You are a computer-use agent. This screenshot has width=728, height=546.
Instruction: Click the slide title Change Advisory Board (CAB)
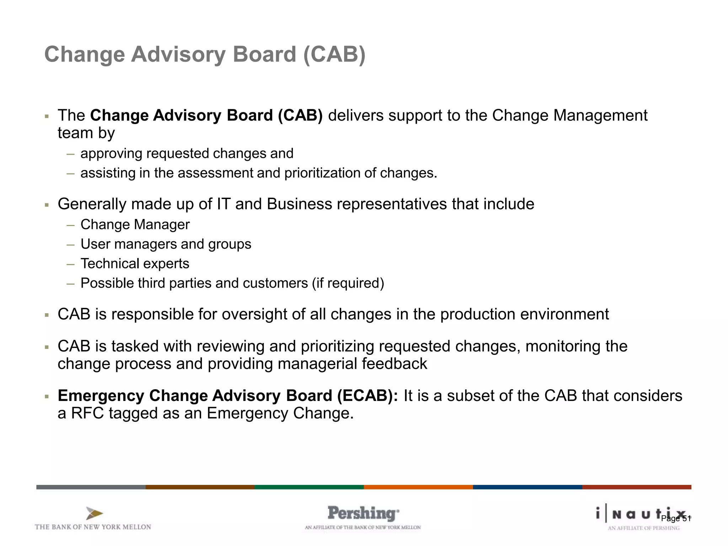click(x=205, y=54)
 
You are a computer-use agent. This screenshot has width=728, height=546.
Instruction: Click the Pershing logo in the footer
click(x=363, y=513)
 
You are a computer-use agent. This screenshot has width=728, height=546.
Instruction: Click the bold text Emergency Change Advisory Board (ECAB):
click(x=228, y=396)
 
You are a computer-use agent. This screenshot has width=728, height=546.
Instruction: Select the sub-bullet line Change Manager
click(x=135, y=225)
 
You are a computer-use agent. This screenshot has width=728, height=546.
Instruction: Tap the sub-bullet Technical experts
click(x=135, y=264)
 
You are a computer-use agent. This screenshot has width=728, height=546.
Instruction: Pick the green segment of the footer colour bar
click(x=309, y=487)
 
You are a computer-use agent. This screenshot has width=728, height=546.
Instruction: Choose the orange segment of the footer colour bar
click(x=418, y=487)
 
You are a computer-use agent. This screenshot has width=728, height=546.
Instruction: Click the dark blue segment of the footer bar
click(x=527, y=487)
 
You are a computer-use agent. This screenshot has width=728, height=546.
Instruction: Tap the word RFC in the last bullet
click(x=87, y=413)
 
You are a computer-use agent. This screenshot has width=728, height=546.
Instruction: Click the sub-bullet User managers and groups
click(x=166, y=244)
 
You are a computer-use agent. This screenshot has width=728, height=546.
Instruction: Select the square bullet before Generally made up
click(x=47, y=205)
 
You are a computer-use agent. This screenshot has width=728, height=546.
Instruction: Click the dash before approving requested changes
click(x=70, y=154)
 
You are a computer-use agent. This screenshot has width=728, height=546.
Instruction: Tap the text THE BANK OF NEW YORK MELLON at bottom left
click(x=93, y=527)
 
